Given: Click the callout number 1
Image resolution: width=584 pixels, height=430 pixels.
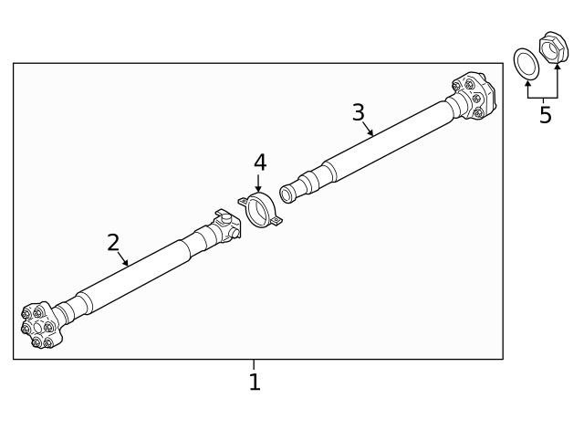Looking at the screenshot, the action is coord(255,382).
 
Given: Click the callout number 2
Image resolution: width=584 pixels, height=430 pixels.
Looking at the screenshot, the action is coord(113,243).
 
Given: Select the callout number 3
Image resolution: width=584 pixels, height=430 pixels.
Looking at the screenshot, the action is coord(359,111).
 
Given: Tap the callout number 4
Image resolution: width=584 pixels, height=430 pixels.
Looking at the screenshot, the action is coord(259,163).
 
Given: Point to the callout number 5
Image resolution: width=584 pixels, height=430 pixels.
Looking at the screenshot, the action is coord(545,116).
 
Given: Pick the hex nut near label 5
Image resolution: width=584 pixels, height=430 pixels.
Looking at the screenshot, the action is coord(553,49).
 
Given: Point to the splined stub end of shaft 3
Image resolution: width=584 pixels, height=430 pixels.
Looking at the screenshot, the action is coord(291,192).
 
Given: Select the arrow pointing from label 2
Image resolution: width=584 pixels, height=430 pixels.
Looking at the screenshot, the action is coord(122,258).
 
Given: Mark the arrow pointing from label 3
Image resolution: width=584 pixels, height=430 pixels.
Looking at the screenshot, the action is coord(367,127).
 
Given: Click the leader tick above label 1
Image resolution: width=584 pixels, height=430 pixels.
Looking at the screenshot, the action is coord(255,364).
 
